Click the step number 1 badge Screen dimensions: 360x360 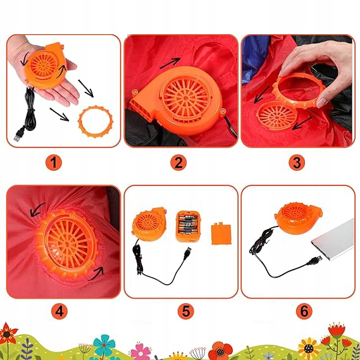pyautogui.click(x=54, y=163)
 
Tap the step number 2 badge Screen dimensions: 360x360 pyautogui.click(x=178, y=163)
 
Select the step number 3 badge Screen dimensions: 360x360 pyautogui.click(x=297, y=163)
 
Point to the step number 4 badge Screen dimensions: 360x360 pyautogui.click(x=59, y=311)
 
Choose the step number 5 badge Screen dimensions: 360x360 pyautogui.click(x=186, y=311)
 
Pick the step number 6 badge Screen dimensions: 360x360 pyautogui.click(x=304, y=311)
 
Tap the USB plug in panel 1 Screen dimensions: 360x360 pyautogui.click(x=18, y=135)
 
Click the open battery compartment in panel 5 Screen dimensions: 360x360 pyautogui.click(x=189, y=226)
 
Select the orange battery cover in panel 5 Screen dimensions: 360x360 pyautogui.click(x=221, y=233)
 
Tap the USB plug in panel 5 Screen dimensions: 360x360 pyautogui.click(x=188, y=252)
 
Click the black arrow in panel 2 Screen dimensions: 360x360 pyautogui.click(x=170, y=63)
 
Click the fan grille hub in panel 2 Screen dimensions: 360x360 pyautogui.click(x=186, y=99)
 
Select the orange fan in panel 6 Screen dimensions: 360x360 pyautogui.click(x=298, y=218)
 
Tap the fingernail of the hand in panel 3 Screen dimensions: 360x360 pyautogui.click(x=321, y=102)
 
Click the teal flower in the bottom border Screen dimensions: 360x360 pyautogui.click(x=104, y=345)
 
